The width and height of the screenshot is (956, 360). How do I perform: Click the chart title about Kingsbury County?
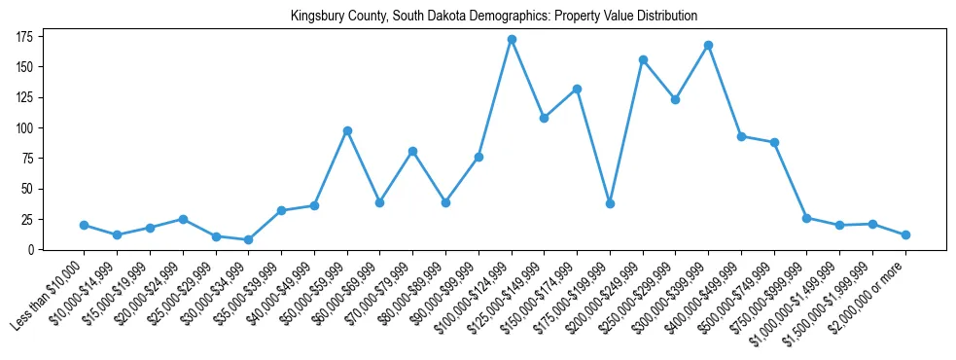[x=493, y=16]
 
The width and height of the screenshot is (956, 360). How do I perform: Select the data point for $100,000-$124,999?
[x=512, y=39]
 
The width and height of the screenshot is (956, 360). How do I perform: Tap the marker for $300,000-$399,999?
[x=709, y=45]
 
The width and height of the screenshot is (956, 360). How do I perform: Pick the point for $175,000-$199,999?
[x=610, y=203]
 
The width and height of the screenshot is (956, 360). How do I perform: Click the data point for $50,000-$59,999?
[x=347, y=130]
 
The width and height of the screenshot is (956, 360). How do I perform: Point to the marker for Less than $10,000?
[x=85, y=225]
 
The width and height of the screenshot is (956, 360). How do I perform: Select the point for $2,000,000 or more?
[x=905, y=234]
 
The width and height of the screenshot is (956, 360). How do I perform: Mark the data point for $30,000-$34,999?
[x=249, y=239]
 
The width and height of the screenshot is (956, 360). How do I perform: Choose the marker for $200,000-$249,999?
[x=643, y=59]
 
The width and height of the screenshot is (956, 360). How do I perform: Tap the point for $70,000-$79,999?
[x=412, y=151]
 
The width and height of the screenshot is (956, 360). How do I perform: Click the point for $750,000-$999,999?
[x=807, y=218]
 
